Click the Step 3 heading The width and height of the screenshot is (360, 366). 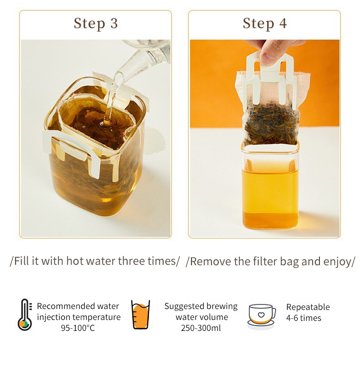(x=96, y=24)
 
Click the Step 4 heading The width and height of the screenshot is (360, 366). (x=265, y=24)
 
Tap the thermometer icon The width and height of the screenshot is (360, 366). (x=25, y=314)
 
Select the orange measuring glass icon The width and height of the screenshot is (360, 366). (x=140, y=314)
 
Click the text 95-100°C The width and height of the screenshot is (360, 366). (x=78, y=328)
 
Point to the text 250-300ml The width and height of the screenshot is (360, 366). (x=201, y=328)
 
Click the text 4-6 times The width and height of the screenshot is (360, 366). (x=303, y=318)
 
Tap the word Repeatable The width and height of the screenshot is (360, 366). (x=308, y=307)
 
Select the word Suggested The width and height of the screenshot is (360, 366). (x=181, y=306)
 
